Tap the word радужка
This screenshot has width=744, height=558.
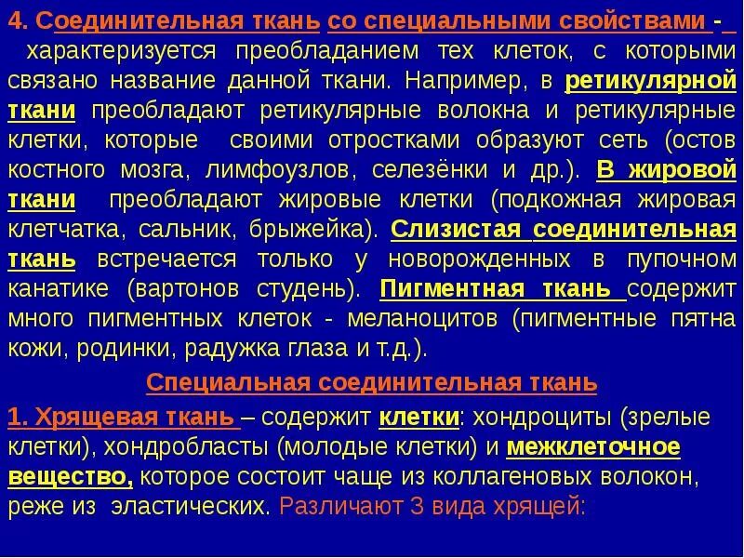pos(229,349)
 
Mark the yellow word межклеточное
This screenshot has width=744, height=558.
pos(593,447)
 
